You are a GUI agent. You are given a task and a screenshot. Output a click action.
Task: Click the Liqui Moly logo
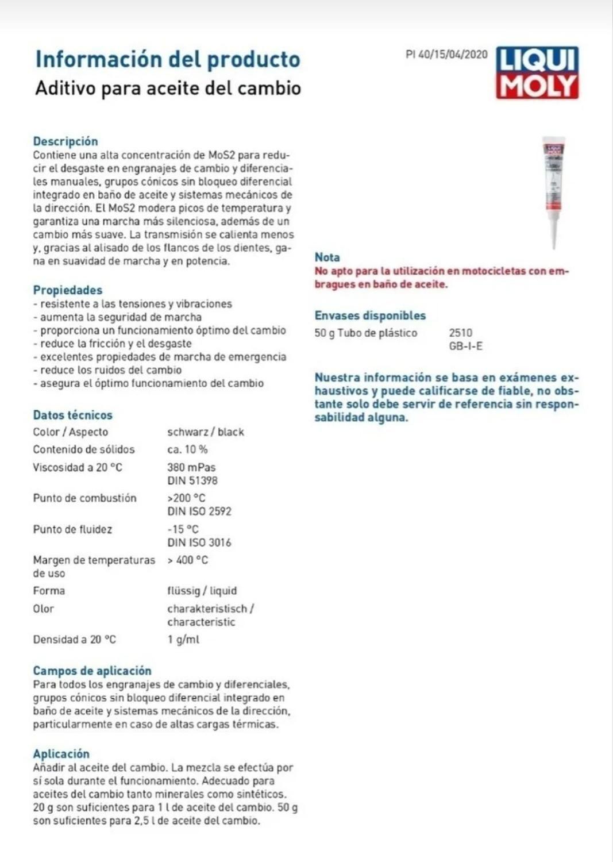(537, 73)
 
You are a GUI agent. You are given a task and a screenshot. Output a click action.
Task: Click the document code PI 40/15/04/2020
(446, 55)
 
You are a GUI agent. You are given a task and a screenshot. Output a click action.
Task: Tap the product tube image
(554, 190)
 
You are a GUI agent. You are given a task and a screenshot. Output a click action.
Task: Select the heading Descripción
(65, 141)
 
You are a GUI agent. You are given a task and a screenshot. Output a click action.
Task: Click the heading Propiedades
(68, 290)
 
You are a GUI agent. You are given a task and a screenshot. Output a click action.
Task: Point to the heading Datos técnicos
(72, 415)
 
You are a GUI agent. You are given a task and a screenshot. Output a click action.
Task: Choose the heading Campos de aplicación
(92, 671)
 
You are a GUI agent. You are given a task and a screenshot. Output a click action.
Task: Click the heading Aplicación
(61, 754)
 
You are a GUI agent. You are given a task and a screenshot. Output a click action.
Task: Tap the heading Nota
(327, 257)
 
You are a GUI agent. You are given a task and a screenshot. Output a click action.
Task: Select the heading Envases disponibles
(370, 315)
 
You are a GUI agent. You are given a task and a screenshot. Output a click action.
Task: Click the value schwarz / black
(206, 432)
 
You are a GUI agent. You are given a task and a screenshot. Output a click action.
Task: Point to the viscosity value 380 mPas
(191, 467)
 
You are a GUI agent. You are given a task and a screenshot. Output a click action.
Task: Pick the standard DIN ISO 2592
(199, 511)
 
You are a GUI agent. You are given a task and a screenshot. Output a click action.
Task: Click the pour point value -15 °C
(183, 529)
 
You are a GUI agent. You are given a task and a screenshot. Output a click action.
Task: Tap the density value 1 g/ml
(183, 640)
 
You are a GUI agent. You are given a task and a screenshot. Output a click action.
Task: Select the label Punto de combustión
(84, 498)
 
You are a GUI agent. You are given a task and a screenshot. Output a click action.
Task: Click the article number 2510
(460, 333)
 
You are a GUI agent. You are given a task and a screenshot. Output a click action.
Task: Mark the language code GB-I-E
(465, 346)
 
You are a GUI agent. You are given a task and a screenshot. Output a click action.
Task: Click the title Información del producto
(168, 60)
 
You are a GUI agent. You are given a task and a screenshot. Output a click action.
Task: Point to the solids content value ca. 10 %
(187, 449)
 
